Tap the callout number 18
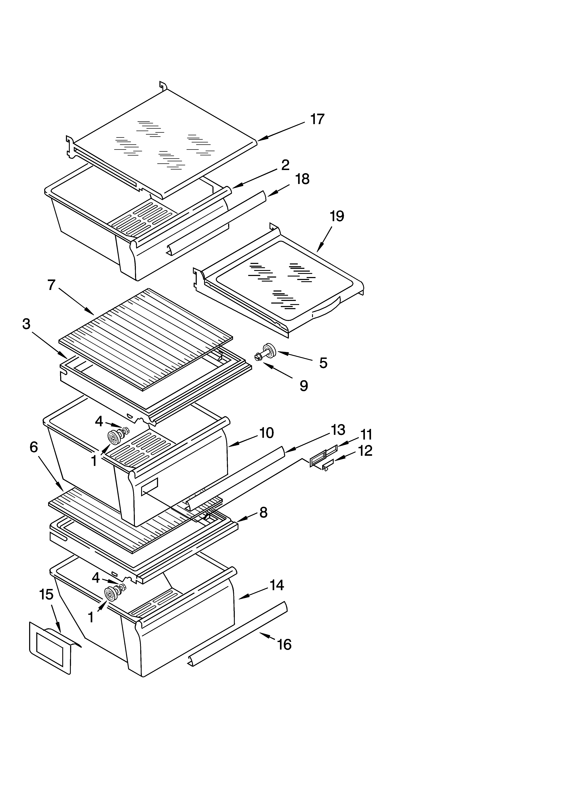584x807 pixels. [302, 179]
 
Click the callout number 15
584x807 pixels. [46, 594]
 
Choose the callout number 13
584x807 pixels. [338, 430]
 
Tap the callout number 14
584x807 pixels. [277, 585]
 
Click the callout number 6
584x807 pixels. [33, 447]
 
